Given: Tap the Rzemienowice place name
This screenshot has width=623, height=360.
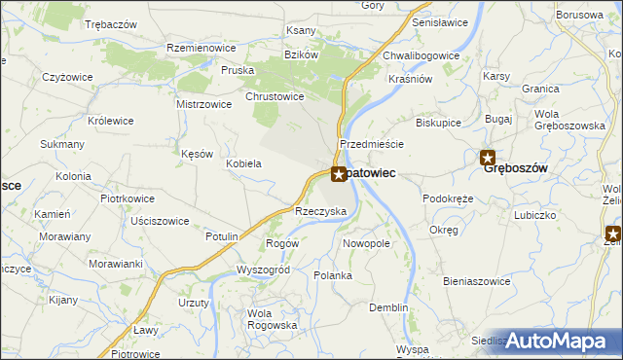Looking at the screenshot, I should click(x=202, y=48).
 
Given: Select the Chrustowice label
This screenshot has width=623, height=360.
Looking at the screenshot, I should click(x=275, y=96).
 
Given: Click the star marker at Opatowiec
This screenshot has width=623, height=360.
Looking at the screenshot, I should click(x=338, y=175).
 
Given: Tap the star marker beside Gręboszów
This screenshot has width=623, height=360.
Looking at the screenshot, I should click(x=489, y=158).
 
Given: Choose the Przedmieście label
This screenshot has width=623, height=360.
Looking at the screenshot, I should click(x=371, y=143).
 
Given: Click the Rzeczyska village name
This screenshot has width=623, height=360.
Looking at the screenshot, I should click(x=321, y=211).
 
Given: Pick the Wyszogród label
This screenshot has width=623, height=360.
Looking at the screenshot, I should click(x=264, y=269).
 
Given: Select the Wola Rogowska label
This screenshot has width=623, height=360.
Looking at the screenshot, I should click(x=273, y=319).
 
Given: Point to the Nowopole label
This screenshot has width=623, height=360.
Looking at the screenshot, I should click(x=367, y=242).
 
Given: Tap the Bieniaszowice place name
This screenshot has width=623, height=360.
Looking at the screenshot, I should click(x=477, y=281).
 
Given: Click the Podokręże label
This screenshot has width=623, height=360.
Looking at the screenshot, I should click(x=448, y=198).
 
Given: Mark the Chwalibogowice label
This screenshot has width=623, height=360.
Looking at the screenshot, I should click(x=421, y=55).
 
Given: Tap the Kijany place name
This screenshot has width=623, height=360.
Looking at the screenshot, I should click(x=62, y=300).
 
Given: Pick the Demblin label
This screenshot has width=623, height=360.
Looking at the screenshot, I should click(x=388, y=307).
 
